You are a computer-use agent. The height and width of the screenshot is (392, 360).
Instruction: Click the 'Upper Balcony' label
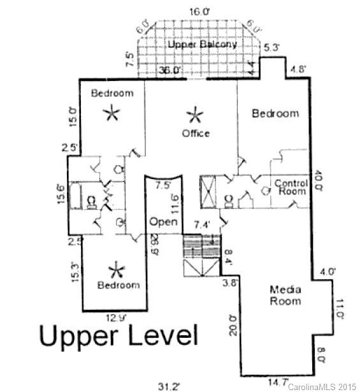pyautogui.click(x=203, y=45)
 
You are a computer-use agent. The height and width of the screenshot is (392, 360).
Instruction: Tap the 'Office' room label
pyautogui.click(x=196, y=133)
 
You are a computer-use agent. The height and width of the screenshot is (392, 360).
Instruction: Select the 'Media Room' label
pyautogui.click(x=284, y=295)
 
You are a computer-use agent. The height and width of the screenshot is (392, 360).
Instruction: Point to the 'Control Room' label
pyautogui.click(x=291, y=187)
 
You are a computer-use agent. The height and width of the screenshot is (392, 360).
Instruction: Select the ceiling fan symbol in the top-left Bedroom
pyautogui.click(x=112, y=113)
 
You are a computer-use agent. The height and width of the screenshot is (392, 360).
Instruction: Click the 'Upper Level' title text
pyautogui.click(x=119, y=335)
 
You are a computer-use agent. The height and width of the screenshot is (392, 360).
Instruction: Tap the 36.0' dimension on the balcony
pyautogui.click(x=170, y=70)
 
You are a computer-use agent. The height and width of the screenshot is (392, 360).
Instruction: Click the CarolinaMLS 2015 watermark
pyautogui.click(x=322, y=386)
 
